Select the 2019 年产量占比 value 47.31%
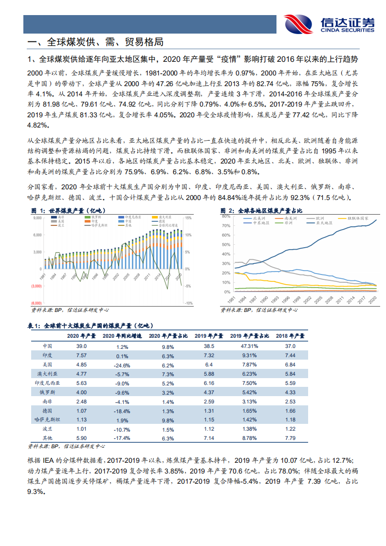pos(250,346)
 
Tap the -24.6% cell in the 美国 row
pos(121,364)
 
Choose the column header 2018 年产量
pos(290,336)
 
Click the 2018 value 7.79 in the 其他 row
pos(290,438)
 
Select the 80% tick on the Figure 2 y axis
pos(226,218)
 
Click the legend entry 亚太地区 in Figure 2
pos(323,222)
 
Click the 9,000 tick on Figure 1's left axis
pos(37,218)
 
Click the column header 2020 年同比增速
pos(122,336)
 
